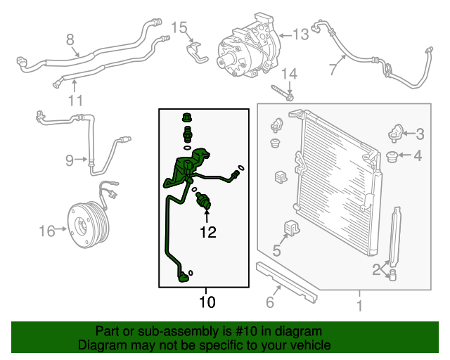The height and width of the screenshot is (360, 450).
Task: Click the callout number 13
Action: [x=300, y=34]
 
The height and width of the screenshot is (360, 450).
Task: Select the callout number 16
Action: [x=46, y=230]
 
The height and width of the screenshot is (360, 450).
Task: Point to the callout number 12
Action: [x=207, y=231]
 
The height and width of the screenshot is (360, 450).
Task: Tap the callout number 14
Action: [x=290, y=73]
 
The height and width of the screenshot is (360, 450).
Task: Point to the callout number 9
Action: [x=70, y=160]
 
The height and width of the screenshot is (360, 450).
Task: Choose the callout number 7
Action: [x=333, y=69]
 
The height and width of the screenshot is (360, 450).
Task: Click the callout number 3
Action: [x=420, y=134]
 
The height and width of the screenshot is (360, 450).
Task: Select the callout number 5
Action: [x=276, y=251]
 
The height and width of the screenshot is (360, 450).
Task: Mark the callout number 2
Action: [x=377, y=268]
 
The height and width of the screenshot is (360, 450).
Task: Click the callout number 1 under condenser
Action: [x=359, y=306]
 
